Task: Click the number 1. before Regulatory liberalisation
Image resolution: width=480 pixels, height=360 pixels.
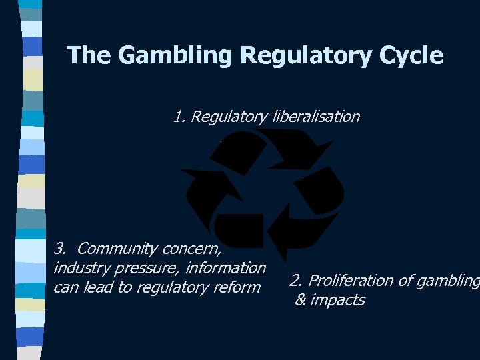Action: coord(179,117)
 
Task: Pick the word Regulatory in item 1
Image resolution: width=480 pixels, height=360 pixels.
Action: coord(229,118)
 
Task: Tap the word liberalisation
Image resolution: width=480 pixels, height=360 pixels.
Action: coord(317,117)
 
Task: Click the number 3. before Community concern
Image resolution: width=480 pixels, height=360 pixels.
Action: coord(61,249)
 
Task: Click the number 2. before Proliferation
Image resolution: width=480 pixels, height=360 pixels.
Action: coord(297,281)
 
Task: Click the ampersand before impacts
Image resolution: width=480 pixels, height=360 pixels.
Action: coord(301,300)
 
